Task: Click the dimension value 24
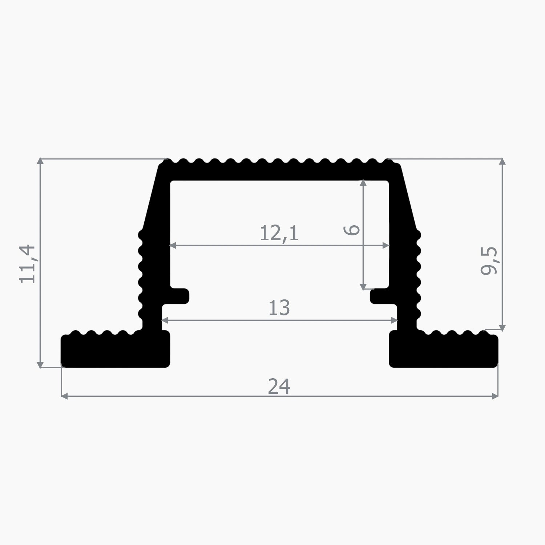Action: click(279, 386)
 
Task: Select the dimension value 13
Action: click(279, 308)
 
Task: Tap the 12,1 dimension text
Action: click(279, 233)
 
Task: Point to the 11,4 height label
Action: click(28, 264)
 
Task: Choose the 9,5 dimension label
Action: click(489, 261)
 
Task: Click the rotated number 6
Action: click(352, 230)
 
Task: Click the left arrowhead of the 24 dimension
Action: click(64, 396)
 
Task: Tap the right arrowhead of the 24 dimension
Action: click(495, 396)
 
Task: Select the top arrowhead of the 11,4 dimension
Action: click(40, 162)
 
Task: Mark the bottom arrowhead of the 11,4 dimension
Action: click(40, 365)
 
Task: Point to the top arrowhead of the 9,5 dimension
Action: click(502, 162)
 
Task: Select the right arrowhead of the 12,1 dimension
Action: click(386, 246)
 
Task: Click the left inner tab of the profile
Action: click(179, 296)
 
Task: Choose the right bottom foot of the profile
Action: click(443, 350)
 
